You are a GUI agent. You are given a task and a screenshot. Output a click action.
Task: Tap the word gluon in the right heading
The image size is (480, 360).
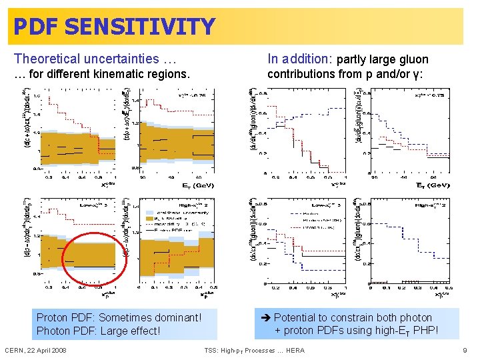[412, 59]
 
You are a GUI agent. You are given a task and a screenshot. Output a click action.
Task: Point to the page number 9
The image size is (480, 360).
[464, 351]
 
